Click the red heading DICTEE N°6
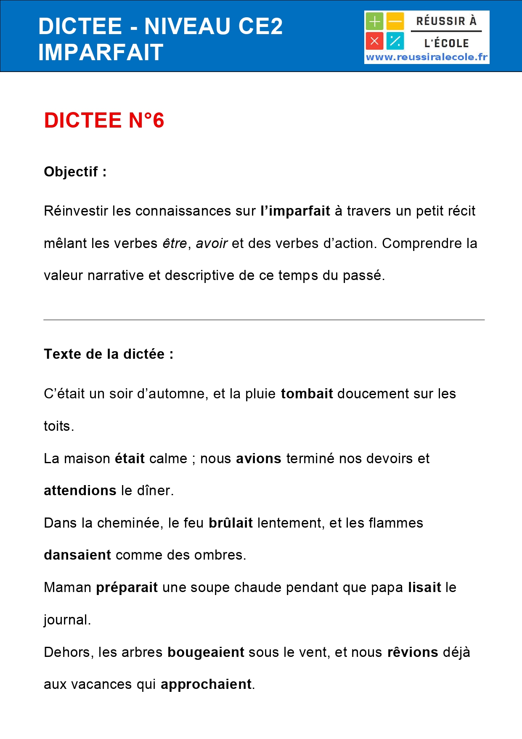point(104,120)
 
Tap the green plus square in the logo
point(374,21)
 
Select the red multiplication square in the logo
point(374,41)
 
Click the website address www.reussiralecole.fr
point(427,57)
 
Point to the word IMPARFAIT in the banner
point(101,52)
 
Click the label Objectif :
point(75,172)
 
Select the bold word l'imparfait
point(295,211)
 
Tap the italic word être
point(175,243)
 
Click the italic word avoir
point(212,243)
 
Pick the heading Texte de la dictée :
point(109,354)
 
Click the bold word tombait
point(307,394)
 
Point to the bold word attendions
point(80,491)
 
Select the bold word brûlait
point(231,523)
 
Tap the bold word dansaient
point(77,555)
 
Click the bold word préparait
point(127,587)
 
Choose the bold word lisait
point(424,587)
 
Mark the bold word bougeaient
point(206,652)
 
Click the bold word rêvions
point(412,652)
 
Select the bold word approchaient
point(206,684)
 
